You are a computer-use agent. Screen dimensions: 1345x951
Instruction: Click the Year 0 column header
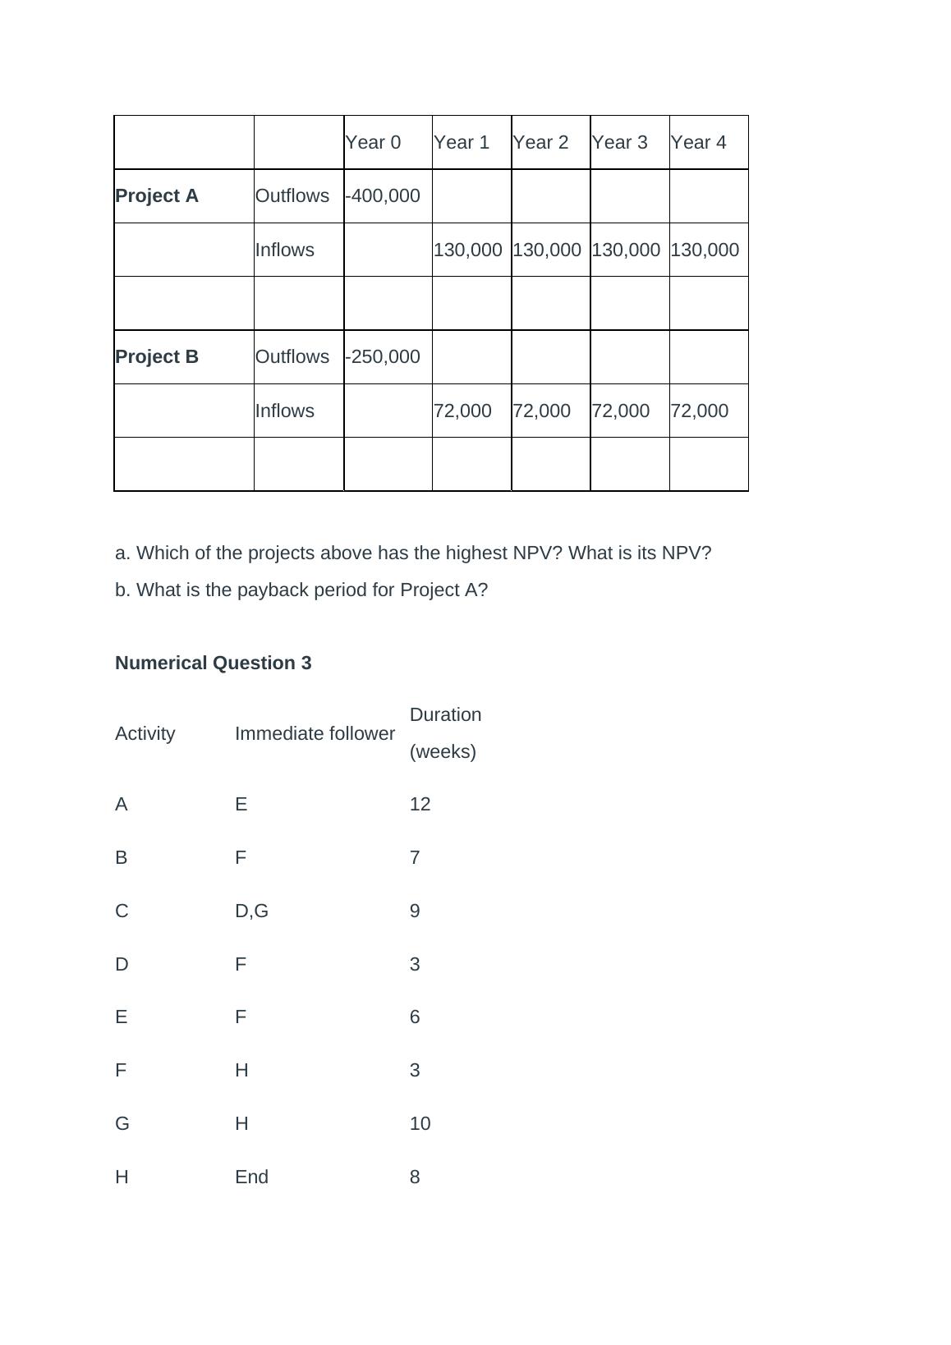click(373, 143)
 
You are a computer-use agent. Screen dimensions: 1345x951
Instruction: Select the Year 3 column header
click(619, 143)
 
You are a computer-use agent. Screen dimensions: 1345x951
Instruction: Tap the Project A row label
click(157, 196)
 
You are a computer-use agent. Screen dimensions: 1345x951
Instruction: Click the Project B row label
click(157, 357)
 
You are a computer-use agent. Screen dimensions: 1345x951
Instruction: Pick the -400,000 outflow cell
click(383, 196)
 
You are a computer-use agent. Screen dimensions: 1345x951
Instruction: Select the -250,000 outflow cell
click(383, 357)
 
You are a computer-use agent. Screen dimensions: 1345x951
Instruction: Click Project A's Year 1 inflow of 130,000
click(468, 250)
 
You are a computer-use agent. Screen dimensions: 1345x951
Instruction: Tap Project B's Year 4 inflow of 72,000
click(700, 411)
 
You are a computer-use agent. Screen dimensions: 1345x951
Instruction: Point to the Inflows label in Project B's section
click(285, 411)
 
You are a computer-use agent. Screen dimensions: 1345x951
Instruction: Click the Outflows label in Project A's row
click(292, 196)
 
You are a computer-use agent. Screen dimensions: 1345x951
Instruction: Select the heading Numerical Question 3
click(214, 663)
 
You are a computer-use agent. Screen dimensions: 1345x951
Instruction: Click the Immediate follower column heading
click(315, 734)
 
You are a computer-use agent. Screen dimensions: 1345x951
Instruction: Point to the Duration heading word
click(446, 715)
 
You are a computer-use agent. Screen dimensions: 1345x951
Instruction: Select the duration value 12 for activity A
click(420, 805)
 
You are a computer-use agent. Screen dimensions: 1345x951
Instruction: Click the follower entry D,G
click(251, 911)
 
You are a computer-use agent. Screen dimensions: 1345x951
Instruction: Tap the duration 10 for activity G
click(420, 1124)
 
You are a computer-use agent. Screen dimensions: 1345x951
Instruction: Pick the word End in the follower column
click(251, 1177)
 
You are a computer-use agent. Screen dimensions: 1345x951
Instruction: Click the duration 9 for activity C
click(415, 911)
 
